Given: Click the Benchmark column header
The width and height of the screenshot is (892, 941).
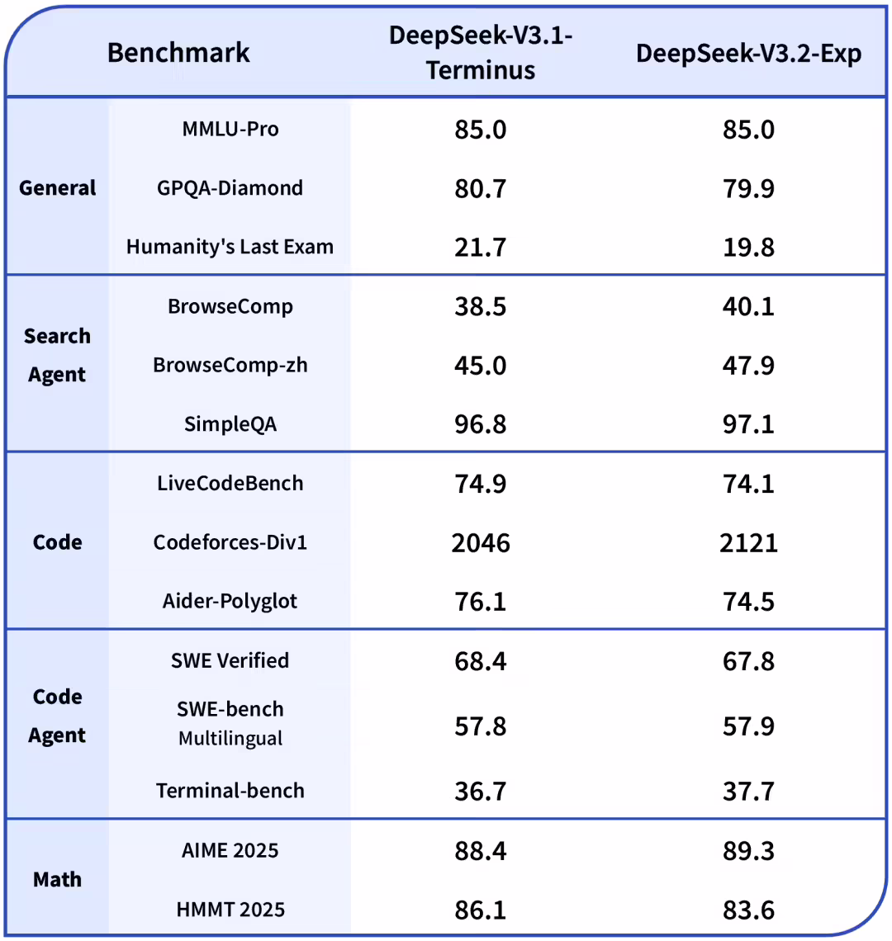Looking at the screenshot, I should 178,53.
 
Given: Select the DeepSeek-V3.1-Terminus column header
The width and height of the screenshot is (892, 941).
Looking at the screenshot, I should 481,53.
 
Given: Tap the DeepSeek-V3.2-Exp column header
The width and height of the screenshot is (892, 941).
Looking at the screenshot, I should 748,53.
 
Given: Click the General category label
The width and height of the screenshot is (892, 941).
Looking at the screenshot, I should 58,188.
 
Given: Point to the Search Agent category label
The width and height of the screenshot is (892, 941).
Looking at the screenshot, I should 57,355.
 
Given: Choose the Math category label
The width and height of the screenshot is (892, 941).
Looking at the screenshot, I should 58,880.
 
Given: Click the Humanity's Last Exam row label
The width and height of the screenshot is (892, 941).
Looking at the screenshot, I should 230,247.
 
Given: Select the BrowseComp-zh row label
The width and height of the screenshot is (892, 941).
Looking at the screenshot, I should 230,365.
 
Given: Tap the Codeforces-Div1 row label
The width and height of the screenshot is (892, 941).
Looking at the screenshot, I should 230,542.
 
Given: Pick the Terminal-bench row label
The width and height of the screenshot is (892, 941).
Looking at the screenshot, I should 230,791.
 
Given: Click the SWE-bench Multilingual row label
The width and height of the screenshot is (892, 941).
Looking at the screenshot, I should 230,723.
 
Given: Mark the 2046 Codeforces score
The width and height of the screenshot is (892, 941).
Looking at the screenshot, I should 481,543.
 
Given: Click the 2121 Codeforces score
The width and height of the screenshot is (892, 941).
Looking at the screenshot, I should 748,543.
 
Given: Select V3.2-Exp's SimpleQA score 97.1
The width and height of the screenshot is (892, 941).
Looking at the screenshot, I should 748,425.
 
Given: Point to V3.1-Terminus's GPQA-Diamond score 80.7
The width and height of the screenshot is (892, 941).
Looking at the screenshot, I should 481,189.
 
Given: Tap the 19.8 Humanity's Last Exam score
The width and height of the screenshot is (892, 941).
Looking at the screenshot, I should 748,248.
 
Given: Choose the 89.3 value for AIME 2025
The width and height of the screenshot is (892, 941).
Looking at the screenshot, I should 748,851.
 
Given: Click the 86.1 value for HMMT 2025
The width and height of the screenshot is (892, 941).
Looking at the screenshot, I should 481,910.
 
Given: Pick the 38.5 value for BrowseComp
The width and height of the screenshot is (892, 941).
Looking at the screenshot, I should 481,307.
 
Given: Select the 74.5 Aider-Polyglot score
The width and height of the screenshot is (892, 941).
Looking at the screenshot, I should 748,602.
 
